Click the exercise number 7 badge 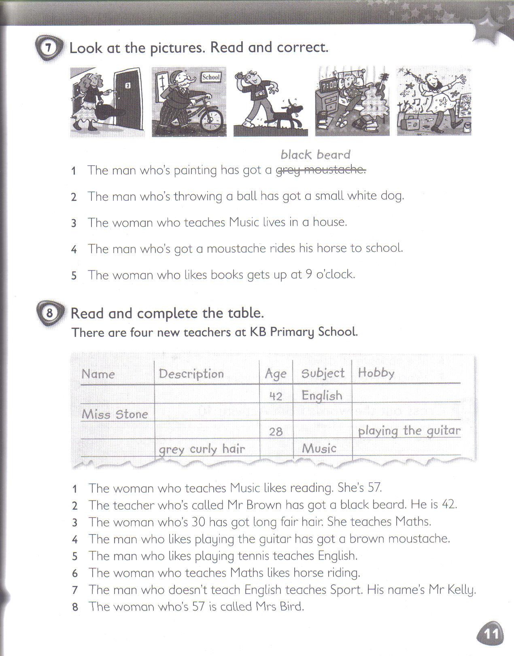[49, 48]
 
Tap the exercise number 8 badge [49, 313]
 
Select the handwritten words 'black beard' [315, 155]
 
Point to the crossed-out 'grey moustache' [321, 170]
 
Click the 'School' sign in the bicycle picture [210, 77]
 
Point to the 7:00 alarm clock [329, 85]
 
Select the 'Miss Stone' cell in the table [115, 414]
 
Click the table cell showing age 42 [276, 396]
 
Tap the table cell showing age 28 [276, 431]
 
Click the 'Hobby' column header [376, 373]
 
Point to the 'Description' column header [191, 373]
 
